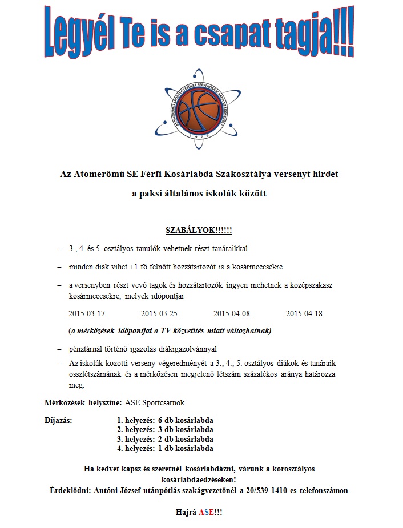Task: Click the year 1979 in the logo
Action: coord(201,138)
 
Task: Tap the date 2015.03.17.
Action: coord(88,314)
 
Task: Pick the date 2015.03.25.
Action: coord(160,314)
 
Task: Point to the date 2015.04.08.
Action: coord(233,314)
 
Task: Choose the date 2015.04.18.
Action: coord(305,314)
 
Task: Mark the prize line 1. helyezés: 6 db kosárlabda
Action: coord(165,421)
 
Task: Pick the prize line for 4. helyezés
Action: coord(165,448)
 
